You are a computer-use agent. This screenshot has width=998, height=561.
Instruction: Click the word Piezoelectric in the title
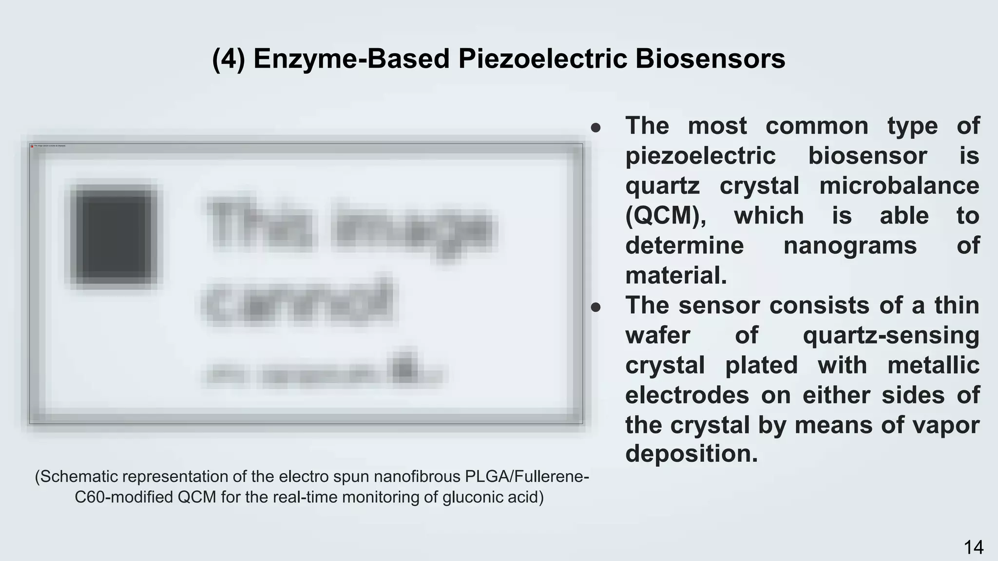point(542,59)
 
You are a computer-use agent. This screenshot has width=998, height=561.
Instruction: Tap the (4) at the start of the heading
point(229,59)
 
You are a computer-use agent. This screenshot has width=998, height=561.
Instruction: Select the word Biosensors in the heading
point(710,59)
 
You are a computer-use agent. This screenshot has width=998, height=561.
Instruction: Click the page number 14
point(973,547)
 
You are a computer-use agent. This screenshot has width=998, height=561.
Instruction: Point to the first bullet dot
point(595,128)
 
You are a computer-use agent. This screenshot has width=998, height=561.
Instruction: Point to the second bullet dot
point(595,307)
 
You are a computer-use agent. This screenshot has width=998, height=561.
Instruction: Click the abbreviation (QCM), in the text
point(666,216)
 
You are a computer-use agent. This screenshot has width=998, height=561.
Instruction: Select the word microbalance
point(899,186)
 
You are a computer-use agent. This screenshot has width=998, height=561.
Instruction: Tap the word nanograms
point(850,245)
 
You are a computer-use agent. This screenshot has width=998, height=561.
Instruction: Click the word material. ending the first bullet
point(676,276)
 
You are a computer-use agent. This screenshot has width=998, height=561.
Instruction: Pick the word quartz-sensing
point(891,336)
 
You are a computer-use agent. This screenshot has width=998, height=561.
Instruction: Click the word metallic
point(933,365)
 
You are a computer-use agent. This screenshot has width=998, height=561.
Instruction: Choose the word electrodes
point(687,395)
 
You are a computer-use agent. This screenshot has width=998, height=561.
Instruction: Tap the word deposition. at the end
point(691,454)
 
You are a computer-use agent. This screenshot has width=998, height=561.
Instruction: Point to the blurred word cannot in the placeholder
point(298,302)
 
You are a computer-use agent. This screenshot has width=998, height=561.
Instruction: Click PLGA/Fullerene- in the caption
point(527,476)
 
